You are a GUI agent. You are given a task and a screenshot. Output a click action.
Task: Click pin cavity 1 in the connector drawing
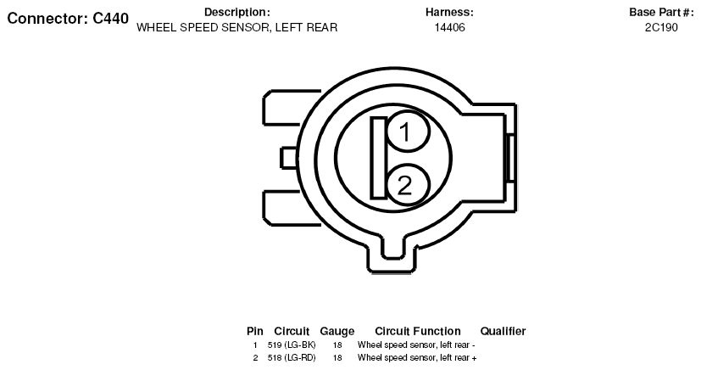pyautogui.click(x=407, y=132)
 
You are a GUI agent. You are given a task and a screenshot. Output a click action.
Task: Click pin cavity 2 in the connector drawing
pyautogui.click(x=407, y=185)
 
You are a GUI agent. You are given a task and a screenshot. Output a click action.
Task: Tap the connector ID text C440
pyautogui.click(x=110, y=19)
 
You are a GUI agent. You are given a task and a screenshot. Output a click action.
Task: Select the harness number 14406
pyautogui.click(x=450, y=27)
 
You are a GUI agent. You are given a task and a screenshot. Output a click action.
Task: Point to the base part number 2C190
pyautogui.click(x=661, y=27)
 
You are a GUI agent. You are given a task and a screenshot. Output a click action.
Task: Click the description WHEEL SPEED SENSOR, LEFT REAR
pyautogui.click(x=237, y=27)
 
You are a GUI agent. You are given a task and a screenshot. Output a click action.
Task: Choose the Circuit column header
pyautogui.click(x=292, y=331)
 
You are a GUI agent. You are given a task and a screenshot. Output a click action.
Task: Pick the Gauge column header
pyautogui.click(x=337, y=332)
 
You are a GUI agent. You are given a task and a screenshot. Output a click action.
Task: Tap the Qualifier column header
pyautogui.click(x=503, y=331)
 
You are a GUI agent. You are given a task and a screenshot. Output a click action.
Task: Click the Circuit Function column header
pyautogui.click(x=418, y=331)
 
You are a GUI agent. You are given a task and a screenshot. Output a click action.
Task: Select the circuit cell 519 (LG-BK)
pyautogui.click(x=292, y=345)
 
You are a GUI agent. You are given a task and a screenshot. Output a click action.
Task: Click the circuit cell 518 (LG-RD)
pyautogui.click(x=292, y=357)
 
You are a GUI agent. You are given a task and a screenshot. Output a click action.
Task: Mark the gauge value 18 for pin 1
pyautogui.click(x=337, y=345)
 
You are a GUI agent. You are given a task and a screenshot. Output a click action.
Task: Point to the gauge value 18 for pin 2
pyautogui.click(x=337, y=357)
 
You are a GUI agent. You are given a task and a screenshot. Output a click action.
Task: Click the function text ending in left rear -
pyautogui.click(x=416, y=345)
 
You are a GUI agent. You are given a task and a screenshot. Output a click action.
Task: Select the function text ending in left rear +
pyautogui.click(x=417, y=357)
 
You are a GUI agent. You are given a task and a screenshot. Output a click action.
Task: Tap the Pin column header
pyautogui.click(x=255, y=331)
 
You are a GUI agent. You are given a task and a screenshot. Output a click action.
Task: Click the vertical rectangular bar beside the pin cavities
pyautogui.click(x=379, y=158)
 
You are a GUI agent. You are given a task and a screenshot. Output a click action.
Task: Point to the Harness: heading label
pyautogui.click(x=449, y=12)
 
